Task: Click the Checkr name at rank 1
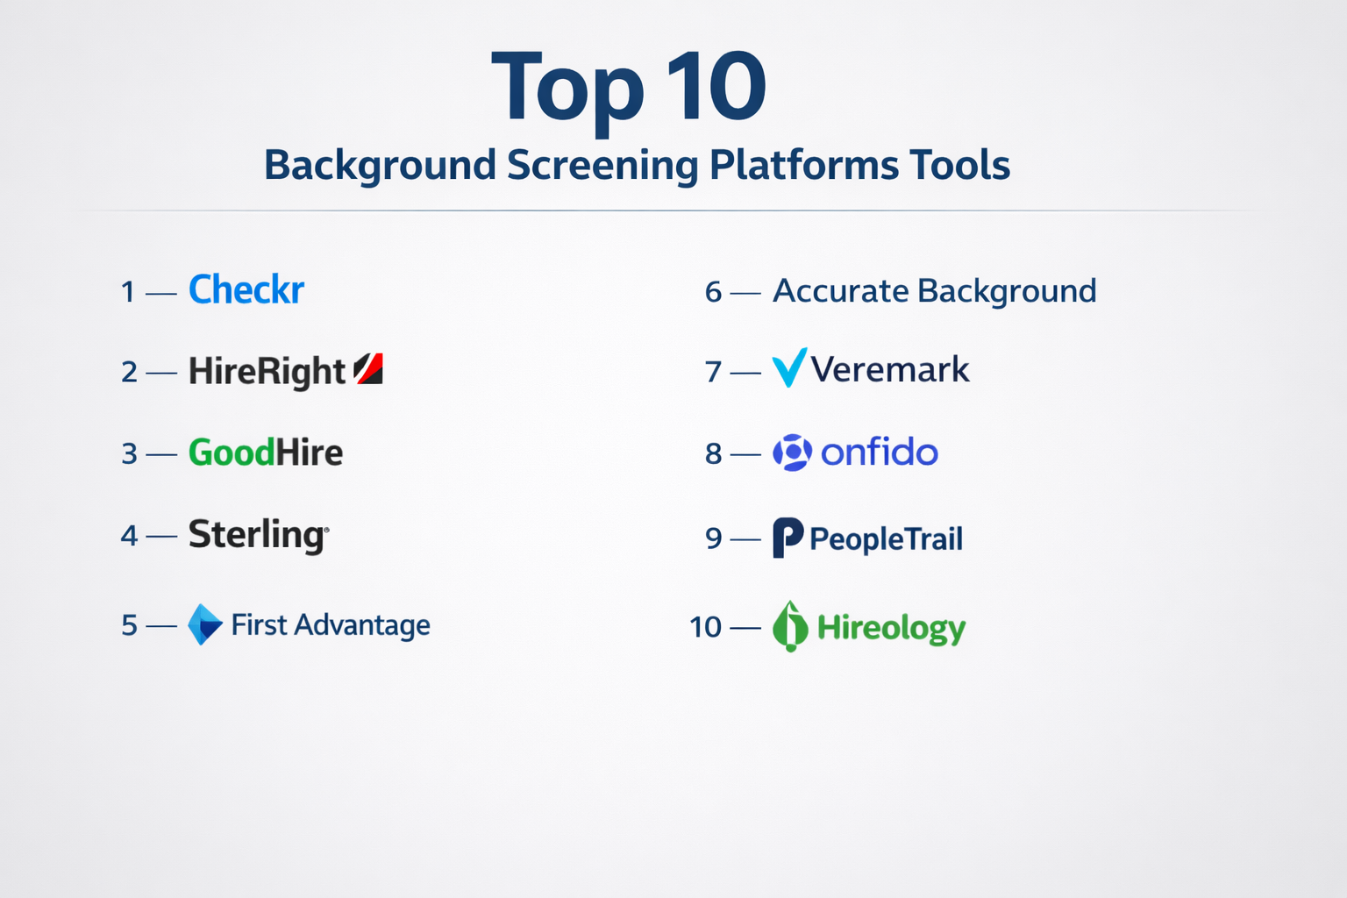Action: pyautogui.click(x=246, y=289)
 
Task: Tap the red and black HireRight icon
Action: pyautogui.click(x=368, y=368)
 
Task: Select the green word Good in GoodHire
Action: pyautogui.click(x=232, y=453)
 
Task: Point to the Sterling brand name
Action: pyautogui.click(x=259, y=535)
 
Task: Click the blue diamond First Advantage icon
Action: pyautogui.click(x=205, y=624)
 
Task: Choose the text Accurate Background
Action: pyautogui.click(x=935, y=291)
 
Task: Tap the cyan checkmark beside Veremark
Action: pyautogui.click(x=789, y=367)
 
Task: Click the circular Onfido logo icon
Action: pyautogui.click(x=793, y=453)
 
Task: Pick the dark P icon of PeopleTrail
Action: pyautogui.click(x=788, y=537)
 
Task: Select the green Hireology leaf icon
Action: pyautogui.click(x=790, y=626)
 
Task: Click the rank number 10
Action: pyautogui.click(x=705, y=627)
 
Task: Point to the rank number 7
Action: pyautogui.click(x=713, y=372)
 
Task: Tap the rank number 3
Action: pyautogui.click(x=129, y=453)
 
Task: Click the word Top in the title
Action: pyautogui.click(x=567, y=89)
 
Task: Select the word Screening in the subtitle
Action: pyautogui.click(x=602, y=165)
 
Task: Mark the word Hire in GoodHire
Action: pyautogui.click(x=309, y=453)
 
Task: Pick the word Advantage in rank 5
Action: pyautogui.click(x=362, y=625)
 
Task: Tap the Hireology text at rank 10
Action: pyautogui.click(x=891, y=629)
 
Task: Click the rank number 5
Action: pyautogui.click(x=129, y=625)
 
